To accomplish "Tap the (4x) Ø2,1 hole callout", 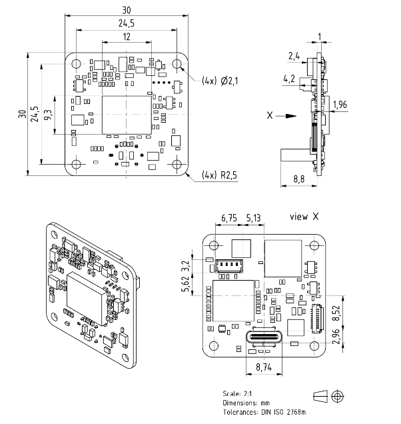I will click(219, 81).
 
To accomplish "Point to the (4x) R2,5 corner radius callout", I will click(219, 176).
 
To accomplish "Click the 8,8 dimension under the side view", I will click(299, 179).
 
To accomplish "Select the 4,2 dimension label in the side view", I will click(290, 79).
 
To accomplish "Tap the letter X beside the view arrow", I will click(270, 115).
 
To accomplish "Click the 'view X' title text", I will click(305, 217).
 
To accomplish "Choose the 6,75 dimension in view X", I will click(229, 217).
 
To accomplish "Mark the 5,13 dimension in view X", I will click(253, 217).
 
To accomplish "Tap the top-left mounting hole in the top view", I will click(77, 64).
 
